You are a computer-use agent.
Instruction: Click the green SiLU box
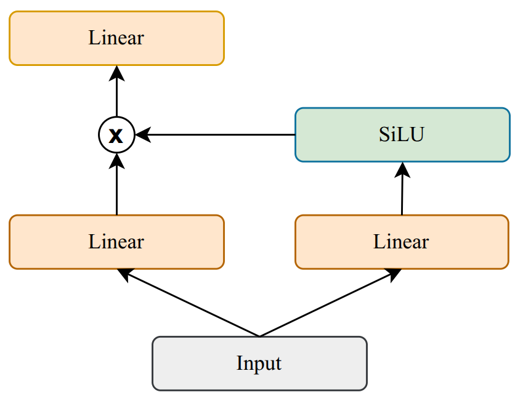[x=402, y=135]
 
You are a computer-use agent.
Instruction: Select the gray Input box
[x=259, y=363]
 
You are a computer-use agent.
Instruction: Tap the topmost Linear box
[x=116, y=38]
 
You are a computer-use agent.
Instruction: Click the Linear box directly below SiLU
[x=402, y=242]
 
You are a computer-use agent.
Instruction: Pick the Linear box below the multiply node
[x=116, y=242]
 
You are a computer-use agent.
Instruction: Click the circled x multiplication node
[x=116, y=135]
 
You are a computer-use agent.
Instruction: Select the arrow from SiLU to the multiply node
[x=216, y=134]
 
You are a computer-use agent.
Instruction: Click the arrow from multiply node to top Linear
[x=116, y=92]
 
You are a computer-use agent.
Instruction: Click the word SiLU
[x=402, y=135]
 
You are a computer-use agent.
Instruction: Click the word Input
[x=259, y=363]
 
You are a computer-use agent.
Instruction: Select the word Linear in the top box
[x=116, y=38]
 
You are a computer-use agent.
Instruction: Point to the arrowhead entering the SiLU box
[x=403, y=169]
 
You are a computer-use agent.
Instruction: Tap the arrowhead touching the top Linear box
[x=116, y=72]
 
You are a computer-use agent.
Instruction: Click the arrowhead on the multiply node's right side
[x=142, y=134]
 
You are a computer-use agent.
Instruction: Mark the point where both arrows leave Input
[x=259, y=337]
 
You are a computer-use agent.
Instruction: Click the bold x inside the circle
[x=116, y=136]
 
